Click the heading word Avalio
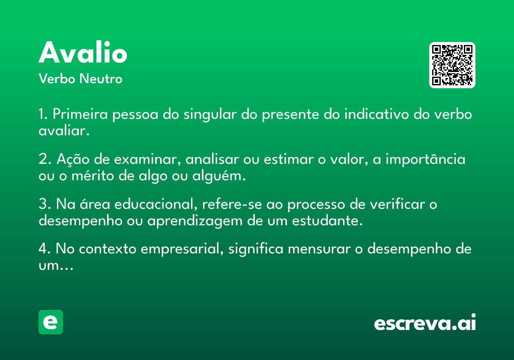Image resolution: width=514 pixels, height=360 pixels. point(83,52)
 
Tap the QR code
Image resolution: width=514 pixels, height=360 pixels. point(452,65)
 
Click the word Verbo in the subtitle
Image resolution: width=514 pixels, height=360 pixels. point(57,78)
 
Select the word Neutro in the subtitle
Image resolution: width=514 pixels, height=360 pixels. point(101,78)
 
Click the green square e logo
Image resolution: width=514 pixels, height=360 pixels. point(51,322)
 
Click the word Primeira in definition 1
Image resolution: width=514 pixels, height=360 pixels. point(80,114)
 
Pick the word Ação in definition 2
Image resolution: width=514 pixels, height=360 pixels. point(73,159)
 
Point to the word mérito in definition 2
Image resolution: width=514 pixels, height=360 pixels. point(93,176)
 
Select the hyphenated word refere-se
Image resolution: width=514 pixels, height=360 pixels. point(232,204)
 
